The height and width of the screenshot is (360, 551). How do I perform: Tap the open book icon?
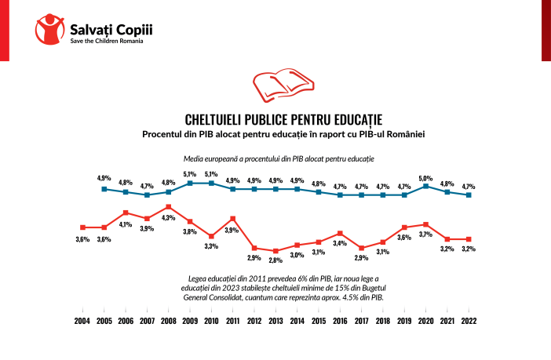pos(275,86)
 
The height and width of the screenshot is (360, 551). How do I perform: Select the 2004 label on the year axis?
pos(82,321)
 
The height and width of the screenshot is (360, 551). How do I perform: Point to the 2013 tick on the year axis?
pos(275,321)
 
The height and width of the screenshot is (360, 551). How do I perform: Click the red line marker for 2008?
pos(168,207)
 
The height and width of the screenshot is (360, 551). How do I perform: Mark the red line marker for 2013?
pos(275,251)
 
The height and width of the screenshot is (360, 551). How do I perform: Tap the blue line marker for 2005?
pos(104,189)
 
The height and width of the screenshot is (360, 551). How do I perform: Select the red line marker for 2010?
pos(211,236)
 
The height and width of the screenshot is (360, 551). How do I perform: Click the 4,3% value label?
pos(168,217)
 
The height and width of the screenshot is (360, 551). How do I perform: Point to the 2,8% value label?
pos(275,260)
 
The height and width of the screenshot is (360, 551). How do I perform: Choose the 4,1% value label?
pos(125,224)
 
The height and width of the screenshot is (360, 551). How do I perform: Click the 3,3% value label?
pos(211,246)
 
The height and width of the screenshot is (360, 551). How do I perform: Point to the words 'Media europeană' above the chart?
pos(206,158)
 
